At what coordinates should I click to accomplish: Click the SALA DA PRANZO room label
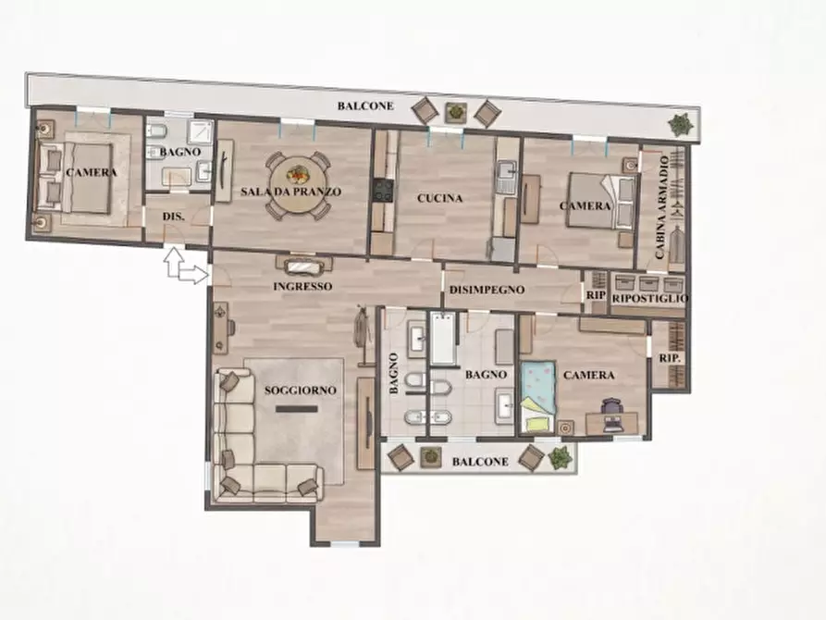290,192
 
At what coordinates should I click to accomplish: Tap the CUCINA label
440,198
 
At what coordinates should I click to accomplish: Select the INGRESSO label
302,286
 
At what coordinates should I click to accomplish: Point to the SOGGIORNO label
301,391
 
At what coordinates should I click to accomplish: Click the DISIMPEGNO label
487,290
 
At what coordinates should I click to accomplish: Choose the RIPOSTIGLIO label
650,298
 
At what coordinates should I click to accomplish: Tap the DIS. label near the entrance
173,217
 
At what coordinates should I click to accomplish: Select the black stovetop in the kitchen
384,191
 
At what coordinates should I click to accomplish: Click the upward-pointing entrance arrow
174,262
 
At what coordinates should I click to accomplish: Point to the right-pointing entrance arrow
193,275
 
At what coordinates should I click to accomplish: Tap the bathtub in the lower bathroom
443,339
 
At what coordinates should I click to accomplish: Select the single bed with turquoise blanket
538,396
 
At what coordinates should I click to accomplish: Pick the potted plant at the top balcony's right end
680,124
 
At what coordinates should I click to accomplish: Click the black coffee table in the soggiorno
297,409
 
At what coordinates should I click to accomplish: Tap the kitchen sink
506,172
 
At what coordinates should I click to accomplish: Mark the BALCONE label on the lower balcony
480,462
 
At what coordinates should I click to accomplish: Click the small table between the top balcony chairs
456,112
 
